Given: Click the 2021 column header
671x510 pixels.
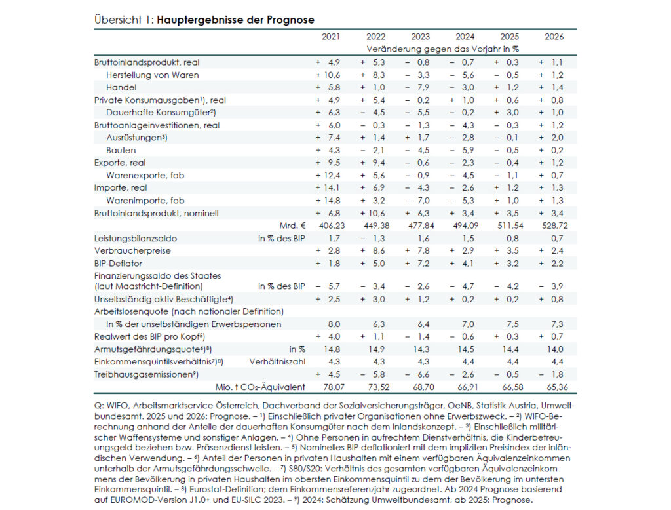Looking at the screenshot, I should click(331, 37).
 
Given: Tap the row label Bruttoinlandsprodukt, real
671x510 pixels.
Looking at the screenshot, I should click(147, 62).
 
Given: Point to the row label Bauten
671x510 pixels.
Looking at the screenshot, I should click(121, 150).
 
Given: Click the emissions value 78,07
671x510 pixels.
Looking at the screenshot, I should click(330, 387).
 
